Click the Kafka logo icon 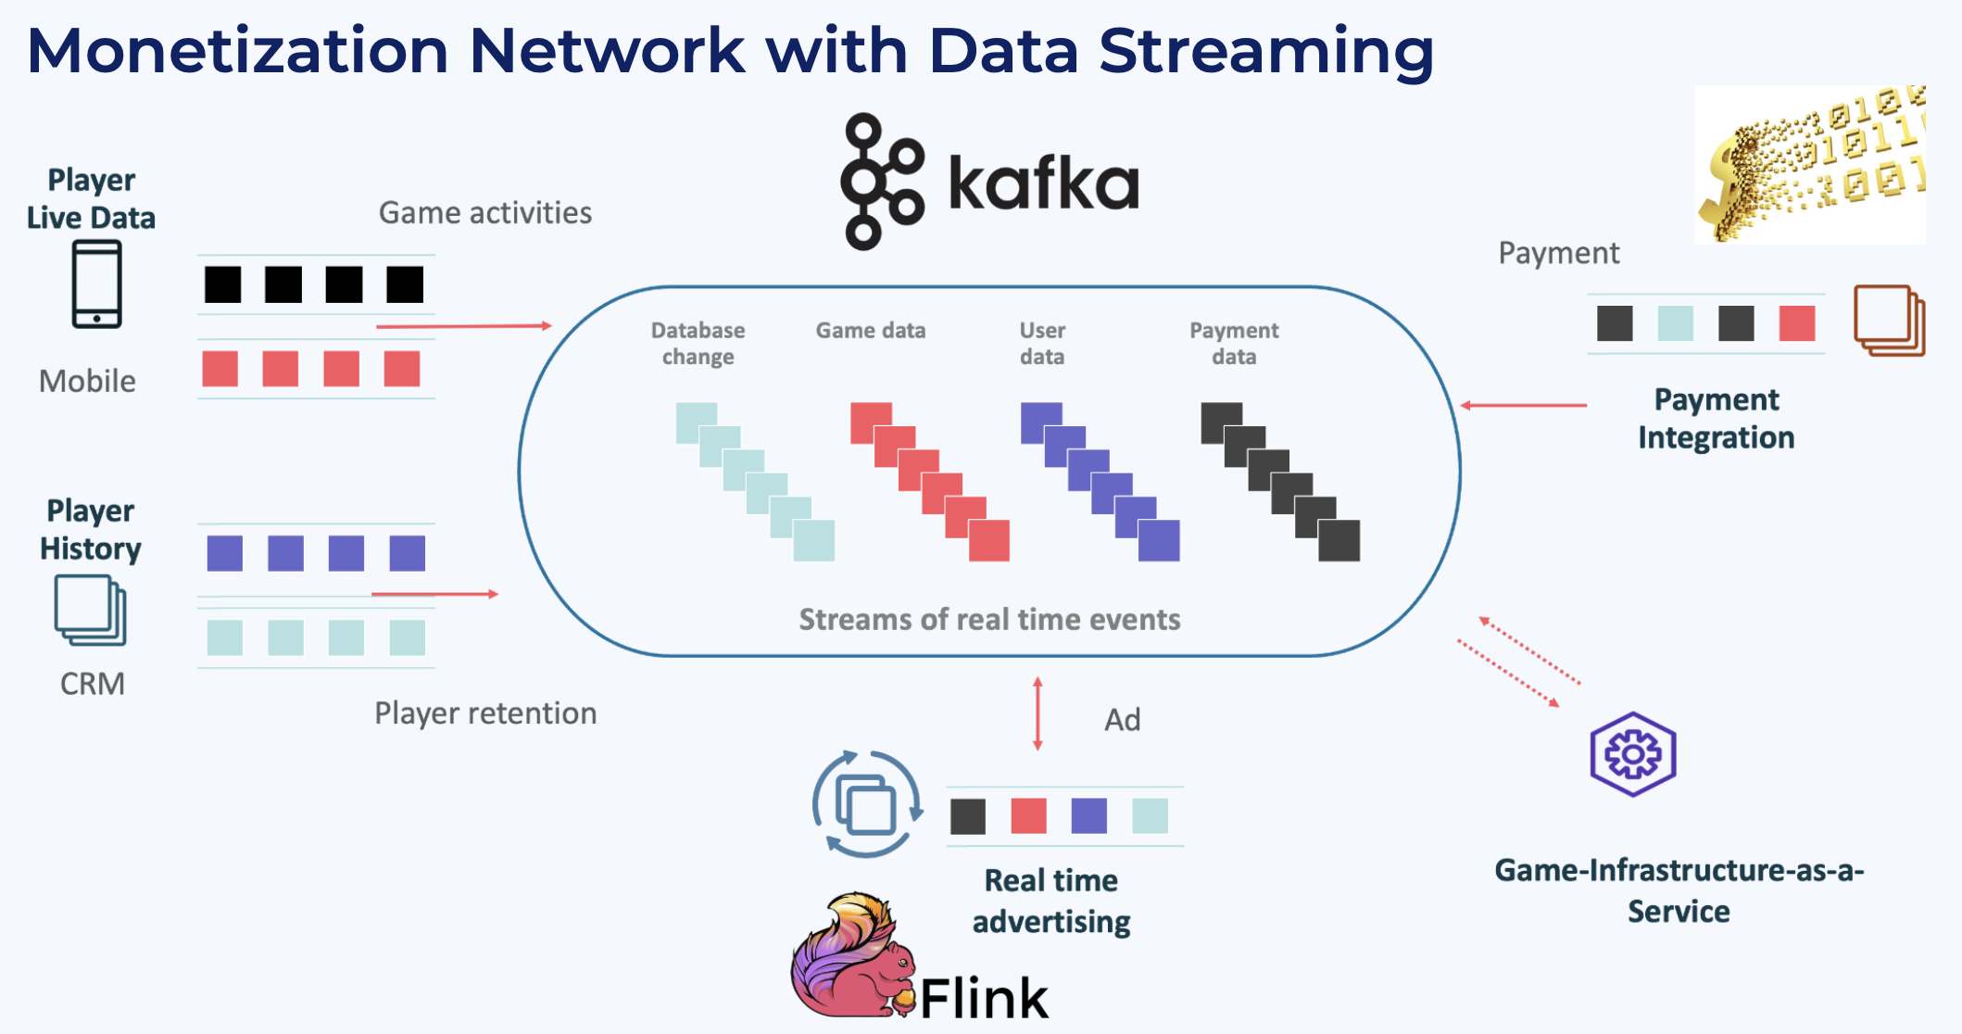point(880,182)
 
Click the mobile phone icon point(96,284)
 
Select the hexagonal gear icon point(1632,754)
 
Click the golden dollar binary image point(1808,165)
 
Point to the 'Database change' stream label point(698,344)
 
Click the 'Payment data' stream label point(1234,344)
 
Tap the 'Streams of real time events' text point(989,619)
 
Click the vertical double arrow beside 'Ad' point(1038,713)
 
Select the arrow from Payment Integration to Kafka point(1523,405)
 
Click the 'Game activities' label point(485,213)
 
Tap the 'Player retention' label point(485,713)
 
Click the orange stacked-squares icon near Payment point(1889,320)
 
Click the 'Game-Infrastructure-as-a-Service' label point(1679,890)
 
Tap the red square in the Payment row point(1796,323)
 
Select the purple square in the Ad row point(1088,816)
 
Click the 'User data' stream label point(1042,344)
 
